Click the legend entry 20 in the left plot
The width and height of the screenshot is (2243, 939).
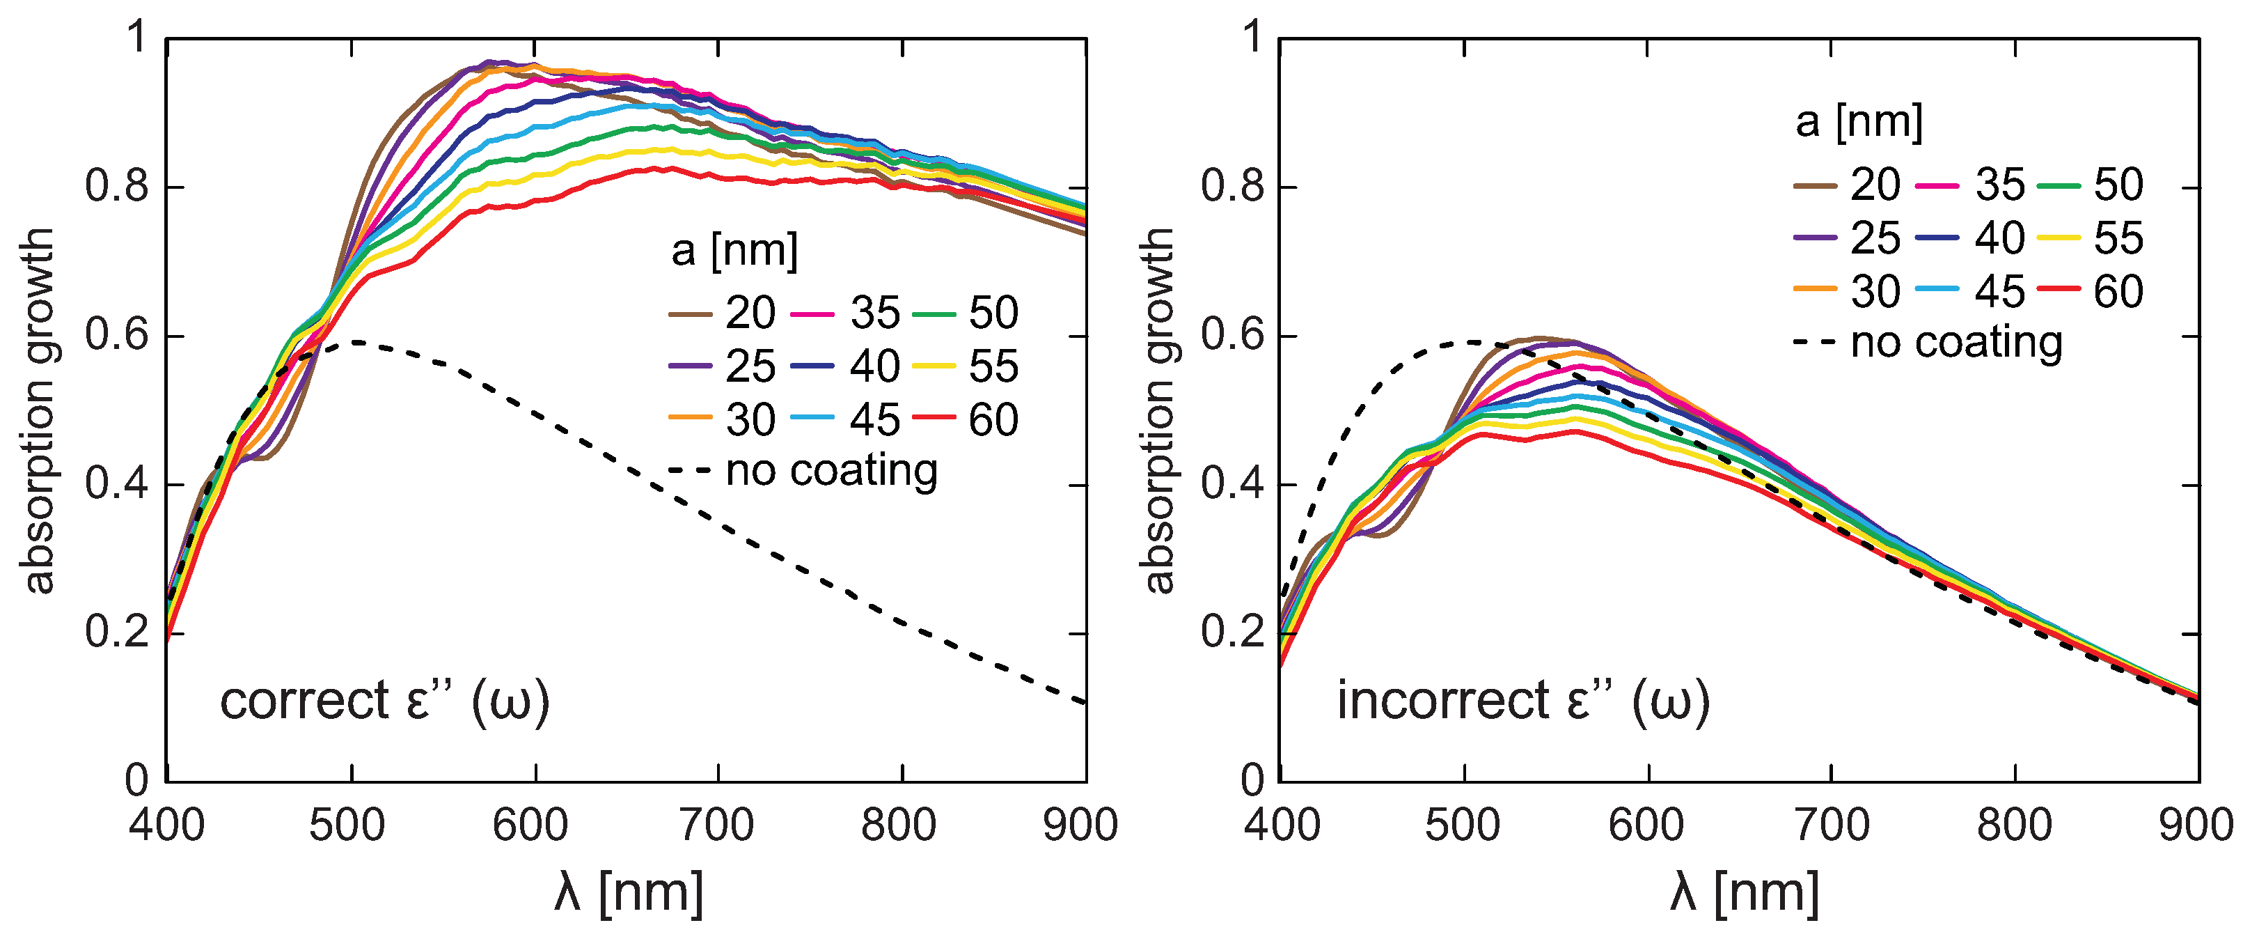(750, 313)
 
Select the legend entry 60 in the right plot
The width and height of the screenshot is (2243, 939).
(2118, 292)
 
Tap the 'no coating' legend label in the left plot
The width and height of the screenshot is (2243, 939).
(831, 472)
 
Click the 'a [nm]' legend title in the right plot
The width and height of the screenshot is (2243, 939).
(1859, 122)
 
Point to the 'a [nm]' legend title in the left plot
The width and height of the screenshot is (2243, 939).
(734, 251)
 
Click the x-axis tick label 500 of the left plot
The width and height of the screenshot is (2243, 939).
(347, 824)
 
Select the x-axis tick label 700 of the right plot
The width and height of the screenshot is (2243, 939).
(1832, 824)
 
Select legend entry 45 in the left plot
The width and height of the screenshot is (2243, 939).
(874, 420)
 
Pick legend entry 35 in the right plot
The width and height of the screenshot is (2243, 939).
(1999, 185)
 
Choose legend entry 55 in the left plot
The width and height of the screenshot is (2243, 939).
(993, 366)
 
